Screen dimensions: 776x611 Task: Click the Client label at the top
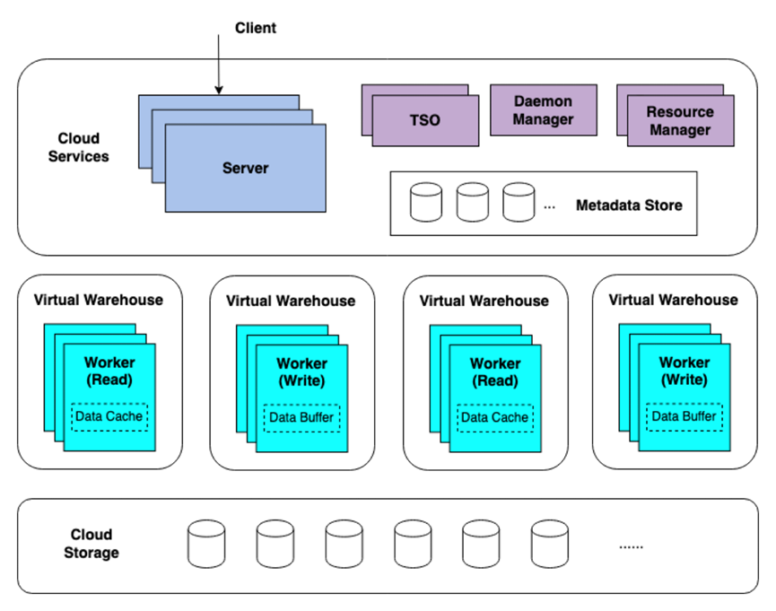pos(256,28)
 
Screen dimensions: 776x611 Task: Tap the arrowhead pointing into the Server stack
pos(219,90)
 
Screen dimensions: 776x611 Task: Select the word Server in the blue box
pos(246,169)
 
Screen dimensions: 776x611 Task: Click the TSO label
pos(424,120)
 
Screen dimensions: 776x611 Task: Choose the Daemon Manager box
pos(544,110)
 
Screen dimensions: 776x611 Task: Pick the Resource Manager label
pos(680,121)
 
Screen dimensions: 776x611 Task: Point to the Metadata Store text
pos(629,205)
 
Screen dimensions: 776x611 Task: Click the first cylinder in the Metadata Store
pos(426,202)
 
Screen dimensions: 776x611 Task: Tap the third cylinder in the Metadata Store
pos(519,202)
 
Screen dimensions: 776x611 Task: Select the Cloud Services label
pos(78,147)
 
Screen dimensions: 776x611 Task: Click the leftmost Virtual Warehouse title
pos(99,300)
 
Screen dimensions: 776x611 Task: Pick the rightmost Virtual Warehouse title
pos(673,300)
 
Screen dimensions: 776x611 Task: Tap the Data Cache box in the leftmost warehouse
pos(109,417)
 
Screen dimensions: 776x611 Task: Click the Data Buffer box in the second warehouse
pos(302,418)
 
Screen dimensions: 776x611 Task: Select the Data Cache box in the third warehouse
pos(495,418)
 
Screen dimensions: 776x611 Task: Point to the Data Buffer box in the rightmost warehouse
pos(684,417)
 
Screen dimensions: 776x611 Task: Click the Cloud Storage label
pos(92,544)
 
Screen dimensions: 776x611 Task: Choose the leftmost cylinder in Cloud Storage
pos(206,544)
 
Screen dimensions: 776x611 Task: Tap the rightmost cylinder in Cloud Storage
pos(549,544)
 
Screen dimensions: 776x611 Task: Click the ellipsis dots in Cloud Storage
pos(631,547)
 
